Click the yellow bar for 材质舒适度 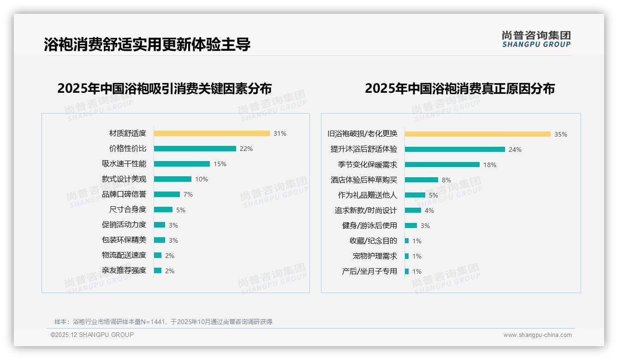(x=212, y=133)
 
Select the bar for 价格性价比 (x=195, y=149)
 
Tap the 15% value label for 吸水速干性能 (x=220, y=164)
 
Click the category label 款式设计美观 (x=124, y=179)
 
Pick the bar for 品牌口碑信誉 (x=166, y=194)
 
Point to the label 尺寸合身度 (x=128, y=210)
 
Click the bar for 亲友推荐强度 (x=158, y=270)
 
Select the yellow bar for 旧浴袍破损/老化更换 (x=478, y=134)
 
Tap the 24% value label (x=515, y=150)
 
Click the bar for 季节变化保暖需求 (x=442, y=165)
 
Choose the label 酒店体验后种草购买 (x=364, y=180)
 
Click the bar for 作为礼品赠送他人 (x=415, y=195)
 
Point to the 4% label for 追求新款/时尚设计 (x=429, y=210)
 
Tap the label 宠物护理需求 (x=375, y=256)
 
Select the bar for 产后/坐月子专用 (x=407, y=271)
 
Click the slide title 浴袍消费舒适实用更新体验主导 (x=147, y=44)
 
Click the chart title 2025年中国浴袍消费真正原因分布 (x=460, y=89)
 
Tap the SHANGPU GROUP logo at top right (x=536, y=39)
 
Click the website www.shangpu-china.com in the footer (x=537, y=335)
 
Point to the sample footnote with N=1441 (x=163, y=322)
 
